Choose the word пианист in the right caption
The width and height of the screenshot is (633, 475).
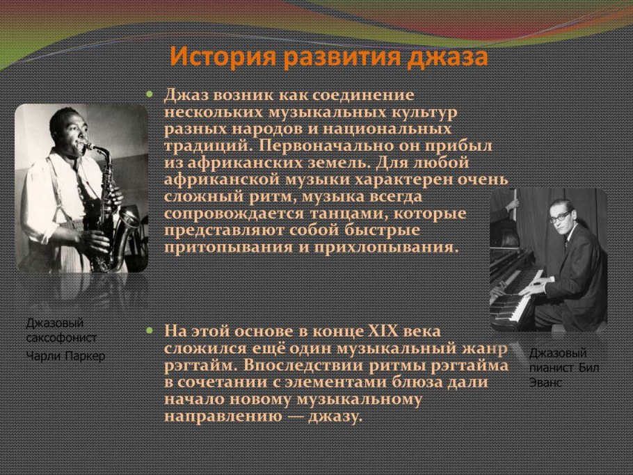(x=552, y=368)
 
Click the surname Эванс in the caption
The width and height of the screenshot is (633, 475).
(x=545, y=383)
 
